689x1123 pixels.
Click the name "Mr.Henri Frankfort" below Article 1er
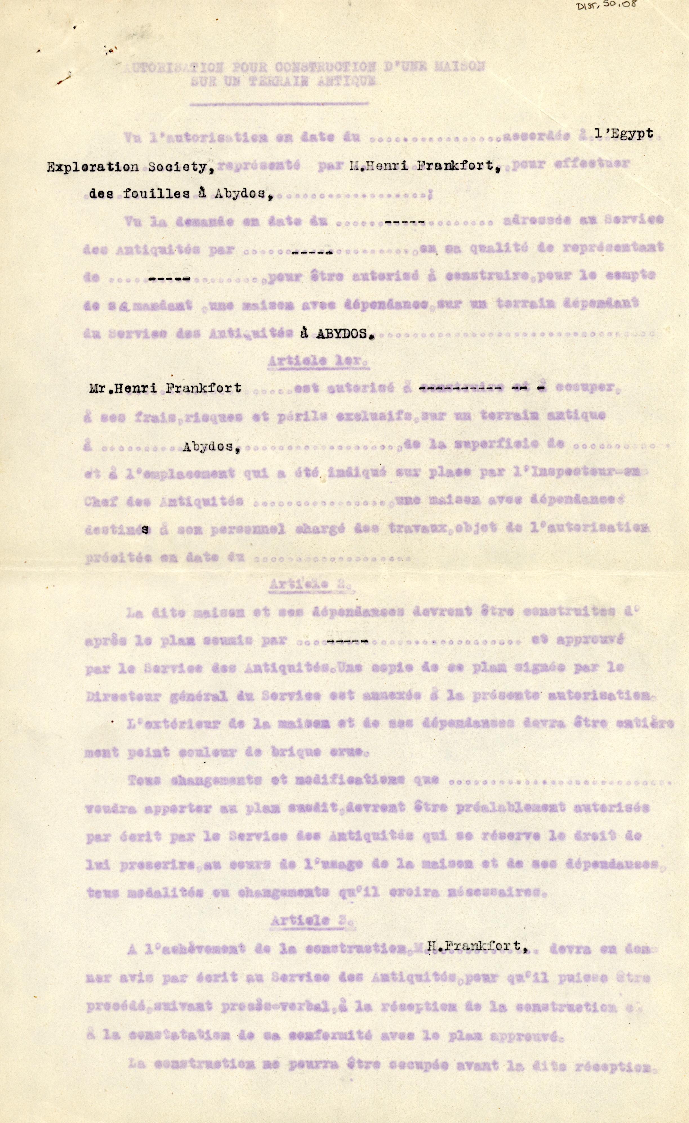pyautogui.click(x=165, y=388)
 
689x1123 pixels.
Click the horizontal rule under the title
pyautogui.click(x=279, y=104)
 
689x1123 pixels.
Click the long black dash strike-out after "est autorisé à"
pyautogui.click(x=461, y=389)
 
